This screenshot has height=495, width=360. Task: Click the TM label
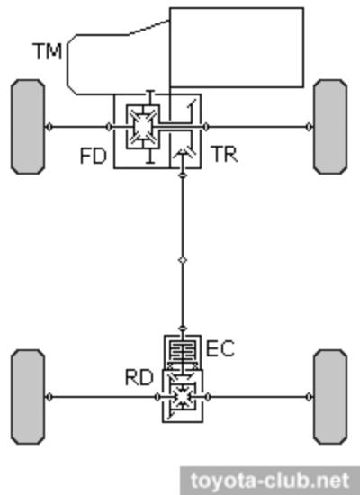coord(48,51)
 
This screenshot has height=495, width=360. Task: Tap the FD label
coord(94,156)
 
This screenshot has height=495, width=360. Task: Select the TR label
coord(225,154)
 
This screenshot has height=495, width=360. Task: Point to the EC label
coord(220,348)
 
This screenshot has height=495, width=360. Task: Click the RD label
coord(139,377)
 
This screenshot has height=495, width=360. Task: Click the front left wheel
coord(28,127)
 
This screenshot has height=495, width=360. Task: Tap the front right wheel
coord(330,127)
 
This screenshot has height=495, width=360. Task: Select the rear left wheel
coord(28,397)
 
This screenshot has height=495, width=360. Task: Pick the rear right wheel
coord(330,397)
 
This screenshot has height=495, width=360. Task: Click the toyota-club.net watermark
coord(270,481)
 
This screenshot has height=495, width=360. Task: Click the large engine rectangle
coord(237,48)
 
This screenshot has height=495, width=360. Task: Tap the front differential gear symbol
coord(143,127)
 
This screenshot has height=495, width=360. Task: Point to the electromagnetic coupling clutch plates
coord(183,350)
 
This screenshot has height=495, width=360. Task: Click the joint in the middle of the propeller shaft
coord(183,260)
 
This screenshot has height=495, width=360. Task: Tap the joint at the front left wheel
coord(49,127)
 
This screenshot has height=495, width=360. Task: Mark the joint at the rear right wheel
coord(310,397)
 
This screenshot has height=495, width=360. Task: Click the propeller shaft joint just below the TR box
coord(183,175)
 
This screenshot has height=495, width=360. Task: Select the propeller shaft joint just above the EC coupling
coord(183,328)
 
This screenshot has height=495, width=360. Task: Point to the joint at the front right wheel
coord(310,127)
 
